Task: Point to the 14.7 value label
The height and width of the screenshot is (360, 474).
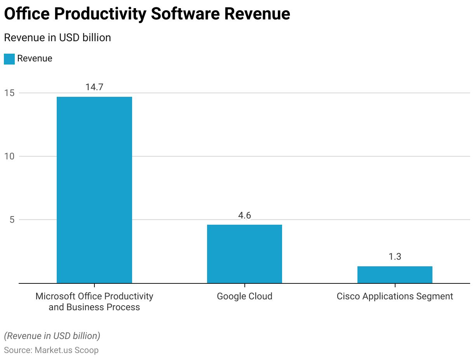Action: pos(94,87)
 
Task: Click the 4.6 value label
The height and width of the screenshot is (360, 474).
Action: pos(244,215)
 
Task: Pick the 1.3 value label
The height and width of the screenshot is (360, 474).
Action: pos(395,257)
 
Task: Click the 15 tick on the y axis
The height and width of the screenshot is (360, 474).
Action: pos(9,93)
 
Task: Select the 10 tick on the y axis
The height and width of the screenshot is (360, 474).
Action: pos(9,156)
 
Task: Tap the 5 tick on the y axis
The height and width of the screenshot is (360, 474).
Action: pos(12,220)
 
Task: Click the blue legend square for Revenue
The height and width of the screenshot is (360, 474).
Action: pos(9,59)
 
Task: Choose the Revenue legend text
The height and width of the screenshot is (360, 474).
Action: pos(35,59)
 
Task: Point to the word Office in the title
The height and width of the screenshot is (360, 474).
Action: pos(27,14)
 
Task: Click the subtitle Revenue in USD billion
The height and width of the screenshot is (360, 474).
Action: pos(58,38)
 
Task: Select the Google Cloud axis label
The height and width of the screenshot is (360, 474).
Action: pos(244,296)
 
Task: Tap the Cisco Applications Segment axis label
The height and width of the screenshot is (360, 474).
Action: pos(395,296)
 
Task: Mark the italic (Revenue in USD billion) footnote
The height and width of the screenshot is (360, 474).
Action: pos(52,336)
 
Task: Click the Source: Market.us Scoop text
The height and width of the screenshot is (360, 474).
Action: pos(51,350)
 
